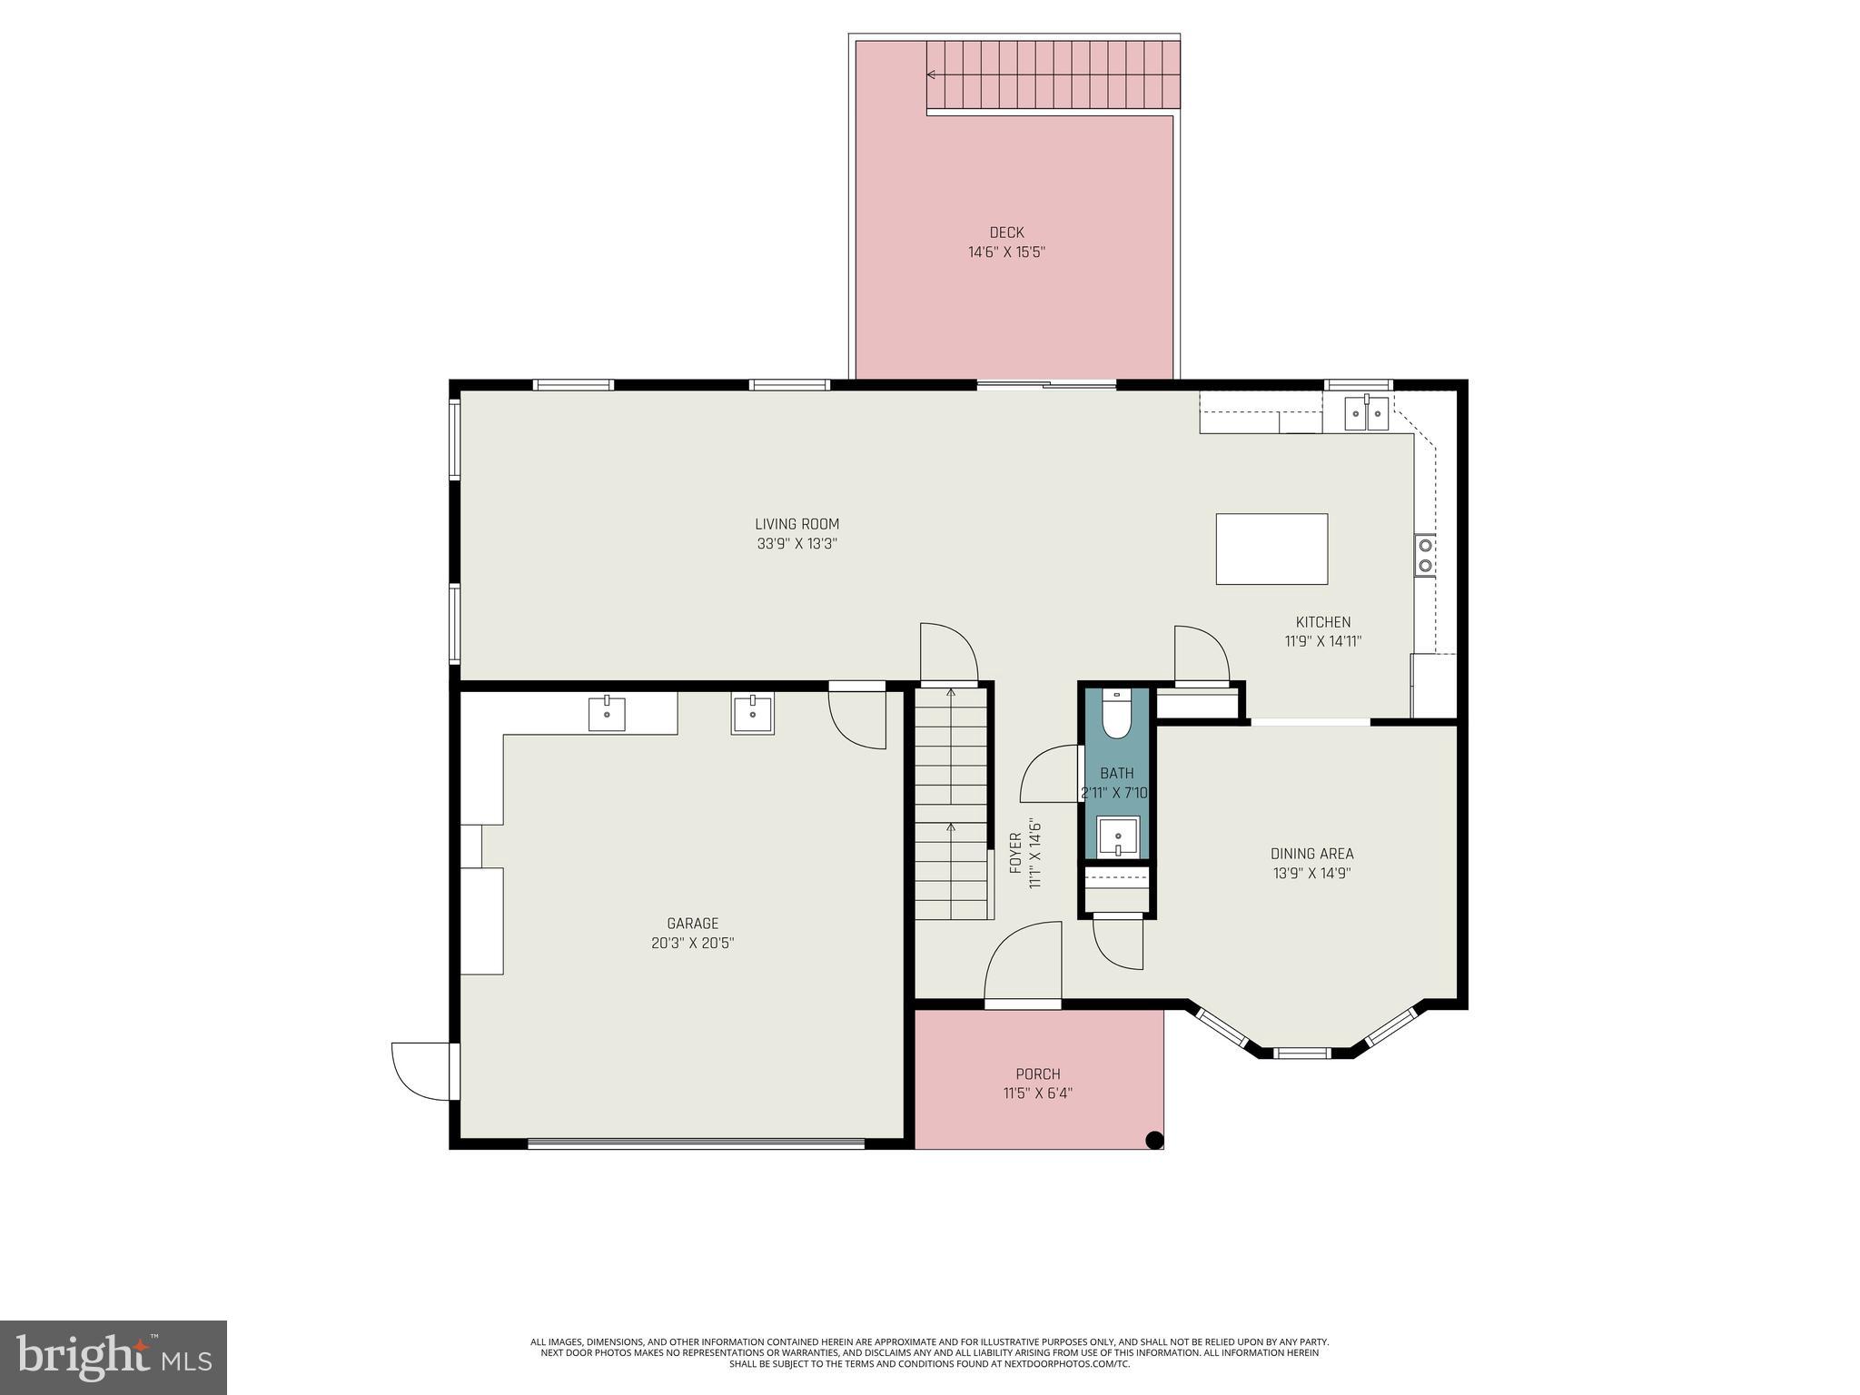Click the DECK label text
click(x=1006, y=232)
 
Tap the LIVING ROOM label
click(x=796, y=524)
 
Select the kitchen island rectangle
click(x=1271, y=549)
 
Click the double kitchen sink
click(x=1367, y=414)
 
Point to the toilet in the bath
click(x=1115, y=716)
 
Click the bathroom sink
click(x=1117, y=836)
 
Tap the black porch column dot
click(x=1154, y=1140)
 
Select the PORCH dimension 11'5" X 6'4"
click(x=1037, y=1093)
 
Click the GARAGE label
click(x=692, y=924)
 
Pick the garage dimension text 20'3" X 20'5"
click(x=692, y=944)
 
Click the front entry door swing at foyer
click(x=1024, y=963)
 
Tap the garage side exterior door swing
click(x=420, y=1072)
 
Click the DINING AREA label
click(x=1311, y=854)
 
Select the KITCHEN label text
click(x=1322, y=622)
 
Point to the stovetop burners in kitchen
click(x=1425, y=555)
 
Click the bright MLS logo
click(x=113, y=1357)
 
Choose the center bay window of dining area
click(x=1301, y=1054)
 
